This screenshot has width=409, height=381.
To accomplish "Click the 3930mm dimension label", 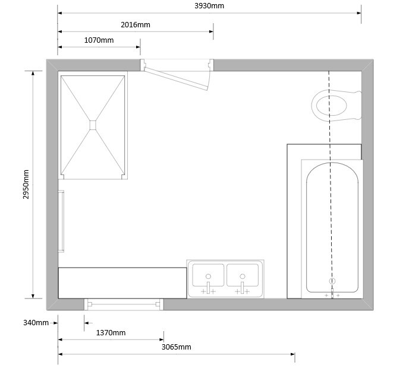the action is pyautogui.click(x=209, y=6).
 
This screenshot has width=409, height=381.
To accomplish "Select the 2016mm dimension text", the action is pyautogui.click(x=136, y=25).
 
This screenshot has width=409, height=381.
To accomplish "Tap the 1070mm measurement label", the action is pyautogui.click(x=99, y=40).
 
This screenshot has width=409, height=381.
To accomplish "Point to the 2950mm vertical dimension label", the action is pyautogui.click(x=26, y=185).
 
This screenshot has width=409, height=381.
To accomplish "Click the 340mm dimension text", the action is pyautogui.click(x=36, y=323).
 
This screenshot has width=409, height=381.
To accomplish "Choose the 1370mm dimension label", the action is pyautogui.click(x=111, y=332).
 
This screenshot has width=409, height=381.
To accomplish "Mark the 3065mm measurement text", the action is pyautogui.click(x=177, y=347).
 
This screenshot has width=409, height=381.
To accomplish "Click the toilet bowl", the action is pyautogui.click(x=331, y=105).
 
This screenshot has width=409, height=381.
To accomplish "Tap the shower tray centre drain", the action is pyautogui.click(x=93, y=125).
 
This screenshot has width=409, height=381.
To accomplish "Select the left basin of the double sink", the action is pyautogui.click(x=208, y=275).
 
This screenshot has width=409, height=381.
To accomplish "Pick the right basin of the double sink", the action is pyautogui.click(x=243, y=275).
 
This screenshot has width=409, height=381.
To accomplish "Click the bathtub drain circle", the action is pyautogui.click(x=332, y=281).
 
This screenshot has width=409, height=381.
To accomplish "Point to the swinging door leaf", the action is pyautogui.click(x=176, y=79).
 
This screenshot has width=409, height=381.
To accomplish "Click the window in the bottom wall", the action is pyautogui.click(x=124, y=304).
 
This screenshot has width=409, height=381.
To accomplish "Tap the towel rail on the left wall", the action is pyautogui.click(x=61, y=221).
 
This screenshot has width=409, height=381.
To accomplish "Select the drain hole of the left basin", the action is pyautogui.click(x=208, y=277).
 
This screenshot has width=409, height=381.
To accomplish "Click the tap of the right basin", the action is pyautogui.click(x=243, y=288).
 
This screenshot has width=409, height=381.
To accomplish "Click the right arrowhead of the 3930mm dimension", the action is pyautogui.click(x=359, y=13).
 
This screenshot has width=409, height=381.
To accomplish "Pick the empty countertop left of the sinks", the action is pyautogui.click(x=122, y=283).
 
